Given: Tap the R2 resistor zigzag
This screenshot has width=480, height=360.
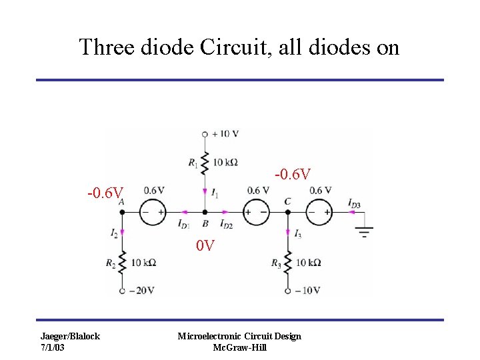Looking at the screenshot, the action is [122, 263].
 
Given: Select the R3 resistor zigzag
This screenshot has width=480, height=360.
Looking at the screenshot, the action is [287, 263].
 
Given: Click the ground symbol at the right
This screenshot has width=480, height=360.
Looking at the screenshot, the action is [364, 232].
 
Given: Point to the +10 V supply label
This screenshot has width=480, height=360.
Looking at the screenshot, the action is [225, 133].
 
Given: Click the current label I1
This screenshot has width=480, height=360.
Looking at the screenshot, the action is [215, 193].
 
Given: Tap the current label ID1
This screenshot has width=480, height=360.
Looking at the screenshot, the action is [183, 225].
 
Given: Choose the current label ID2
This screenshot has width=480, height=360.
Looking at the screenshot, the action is [226, 225].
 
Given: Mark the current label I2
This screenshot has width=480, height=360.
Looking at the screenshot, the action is [114, 233].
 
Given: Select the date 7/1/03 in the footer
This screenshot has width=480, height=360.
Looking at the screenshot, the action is [53, 348].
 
